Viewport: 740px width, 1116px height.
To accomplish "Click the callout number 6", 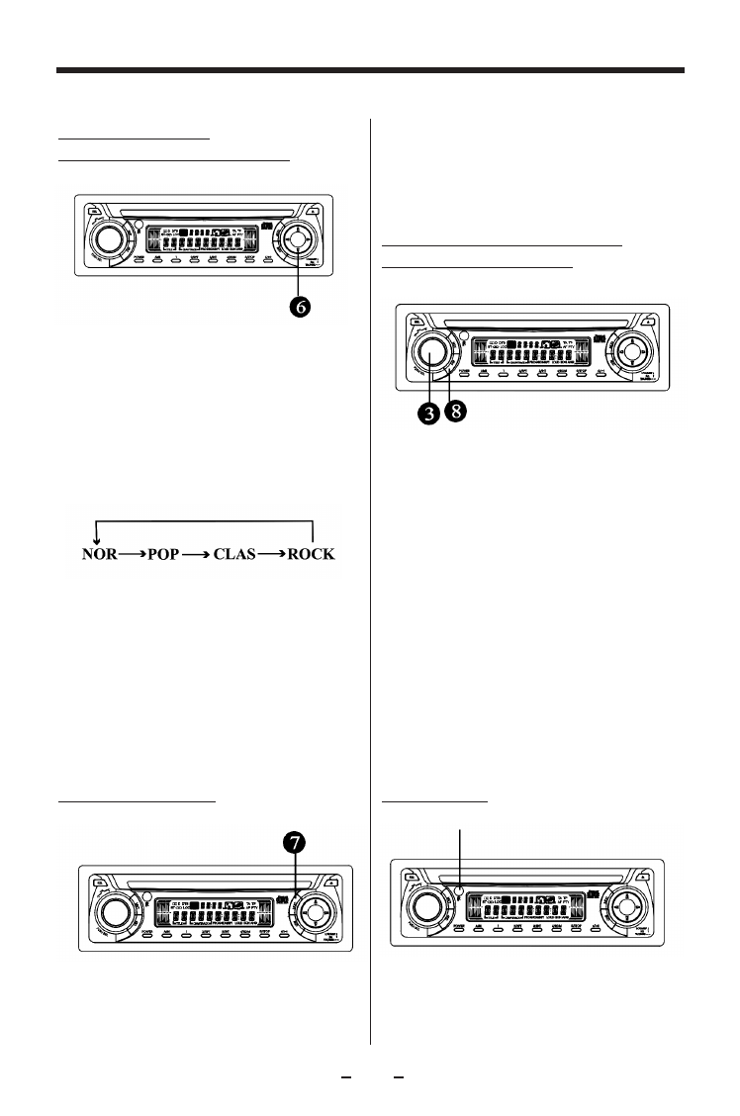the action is (x=299, y=307).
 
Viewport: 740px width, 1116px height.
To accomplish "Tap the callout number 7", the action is (x=294, y=843).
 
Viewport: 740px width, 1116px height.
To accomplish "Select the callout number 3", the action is (x=428, y=414).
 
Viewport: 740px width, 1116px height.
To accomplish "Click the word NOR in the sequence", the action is (x=99, y=555).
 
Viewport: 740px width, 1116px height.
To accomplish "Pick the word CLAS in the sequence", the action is (x=238, y=555).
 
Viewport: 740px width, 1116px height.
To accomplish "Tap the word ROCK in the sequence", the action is (x=311, y=555).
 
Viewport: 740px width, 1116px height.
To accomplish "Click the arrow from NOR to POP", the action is (x=134, y=555).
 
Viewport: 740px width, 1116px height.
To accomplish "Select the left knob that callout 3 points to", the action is (x=433, y=350).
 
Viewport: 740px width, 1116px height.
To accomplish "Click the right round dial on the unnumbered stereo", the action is (x=627, y=904).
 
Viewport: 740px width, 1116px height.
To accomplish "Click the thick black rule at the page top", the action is (x=370, y=71).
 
